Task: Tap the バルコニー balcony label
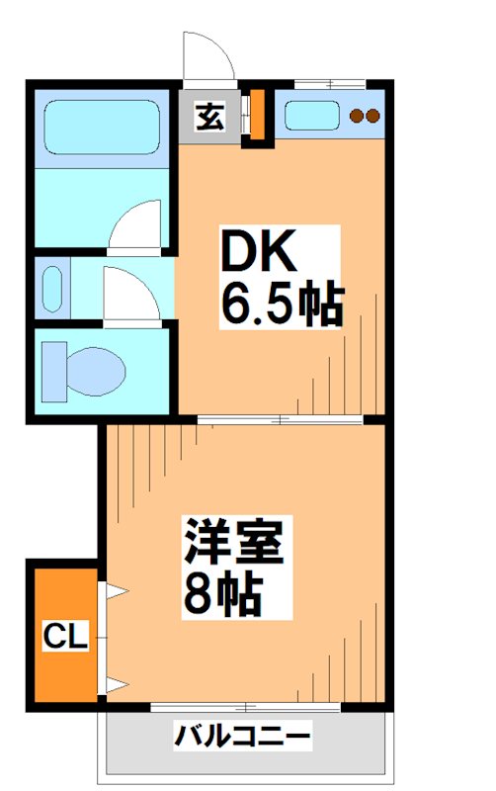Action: pos(243,737)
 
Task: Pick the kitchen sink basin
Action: pos(314,115)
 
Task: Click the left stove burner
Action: pos(358,116)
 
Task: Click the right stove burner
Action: pos(373,116)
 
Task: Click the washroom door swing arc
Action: pos(130,294)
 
